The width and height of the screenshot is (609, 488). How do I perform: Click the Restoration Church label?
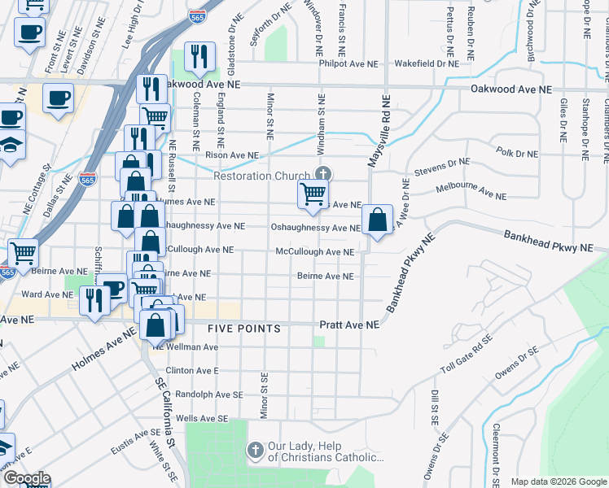(261, 176)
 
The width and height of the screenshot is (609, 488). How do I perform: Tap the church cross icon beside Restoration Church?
(323, 174)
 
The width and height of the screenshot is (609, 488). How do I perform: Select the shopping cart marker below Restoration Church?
(313, 194)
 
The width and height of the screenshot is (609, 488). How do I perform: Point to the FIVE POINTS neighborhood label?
(244, 329)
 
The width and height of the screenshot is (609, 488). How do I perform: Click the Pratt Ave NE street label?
(349, 325)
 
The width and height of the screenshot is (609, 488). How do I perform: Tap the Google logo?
(26, 479)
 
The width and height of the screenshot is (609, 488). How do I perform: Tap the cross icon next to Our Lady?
(255, 450)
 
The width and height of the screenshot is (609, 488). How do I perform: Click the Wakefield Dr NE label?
(427, 63)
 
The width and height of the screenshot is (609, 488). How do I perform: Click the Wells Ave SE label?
(202, 418)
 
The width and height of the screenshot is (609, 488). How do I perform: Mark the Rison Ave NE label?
(231, 155)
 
